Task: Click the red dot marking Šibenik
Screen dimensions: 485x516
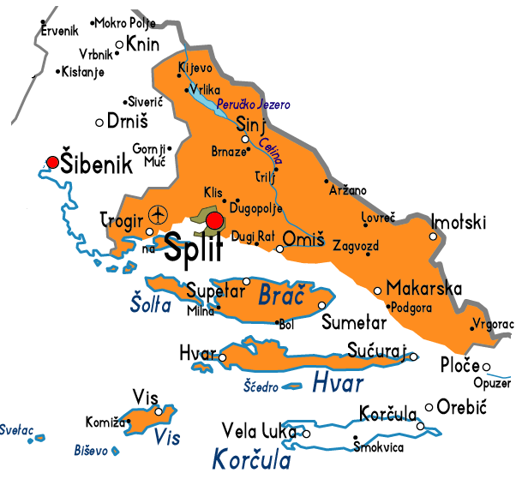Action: click(x=53, y=161)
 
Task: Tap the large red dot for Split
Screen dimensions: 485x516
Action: click(x=214, y=222)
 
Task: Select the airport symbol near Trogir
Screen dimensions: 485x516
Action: click(x=159, y=213)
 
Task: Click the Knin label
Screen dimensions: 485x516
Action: click(x=141, y=43)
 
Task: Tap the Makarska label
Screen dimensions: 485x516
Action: click(x=424, y=288)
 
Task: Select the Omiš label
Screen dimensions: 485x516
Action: click(x=303, y=239)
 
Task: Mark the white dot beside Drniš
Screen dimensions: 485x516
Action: click(x=99, y=122)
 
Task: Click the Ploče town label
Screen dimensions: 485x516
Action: click(x=459, y=365)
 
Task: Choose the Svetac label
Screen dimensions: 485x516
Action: click(x=15, y=428)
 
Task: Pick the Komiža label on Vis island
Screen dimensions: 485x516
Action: click(x=101, y=422)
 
